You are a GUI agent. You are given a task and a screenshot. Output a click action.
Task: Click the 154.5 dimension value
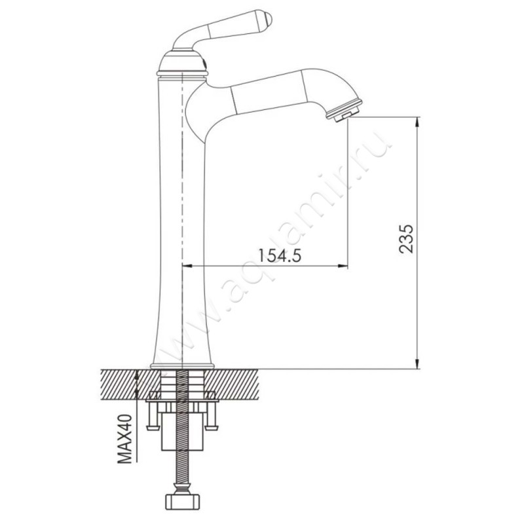pos(280,255)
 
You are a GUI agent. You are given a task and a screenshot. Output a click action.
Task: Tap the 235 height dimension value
pos(406,239)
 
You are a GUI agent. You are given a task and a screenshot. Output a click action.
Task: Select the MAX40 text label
pos(125,438)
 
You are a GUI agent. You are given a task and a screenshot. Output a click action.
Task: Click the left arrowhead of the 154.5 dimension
pos(187,266)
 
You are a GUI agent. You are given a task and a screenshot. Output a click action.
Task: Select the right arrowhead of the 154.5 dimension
pos(343,266)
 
